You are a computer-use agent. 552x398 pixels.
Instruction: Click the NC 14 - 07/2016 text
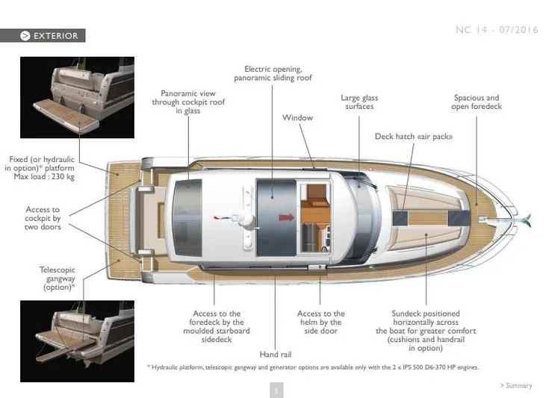[x=495, y=30]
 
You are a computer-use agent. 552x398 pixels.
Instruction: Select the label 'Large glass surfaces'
[x=359, y=102]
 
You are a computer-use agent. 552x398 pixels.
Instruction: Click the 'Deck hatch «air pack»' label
[x=414, y=137]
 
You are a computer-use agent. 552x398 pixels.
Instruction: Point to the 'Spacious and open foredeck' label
[x=476, y=102]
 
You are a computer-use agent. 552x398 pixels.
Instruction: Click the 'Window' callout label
[x=297, y=118]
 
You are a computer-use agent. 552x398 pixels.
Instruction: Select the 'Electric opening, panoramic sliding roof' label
[x=273, y=73]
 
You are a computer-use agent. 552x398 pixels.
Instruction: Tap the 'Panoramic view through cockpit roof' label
[x=188, y=102]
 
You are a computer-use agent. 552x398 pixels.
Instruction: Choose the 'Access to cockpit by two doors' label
[x=43, y=219]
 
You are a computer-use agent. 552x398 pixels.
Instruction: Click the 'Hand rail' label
[x=275, y=354]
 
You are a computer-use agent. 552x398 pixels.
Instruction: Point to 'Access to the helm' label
[x=321, y=323]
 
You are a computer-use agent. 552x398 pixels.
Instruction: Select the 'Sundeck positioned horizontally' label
[x=426, y=331]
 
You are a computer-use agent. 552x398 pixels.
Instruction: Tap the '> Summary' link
[x=515, y=386]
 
